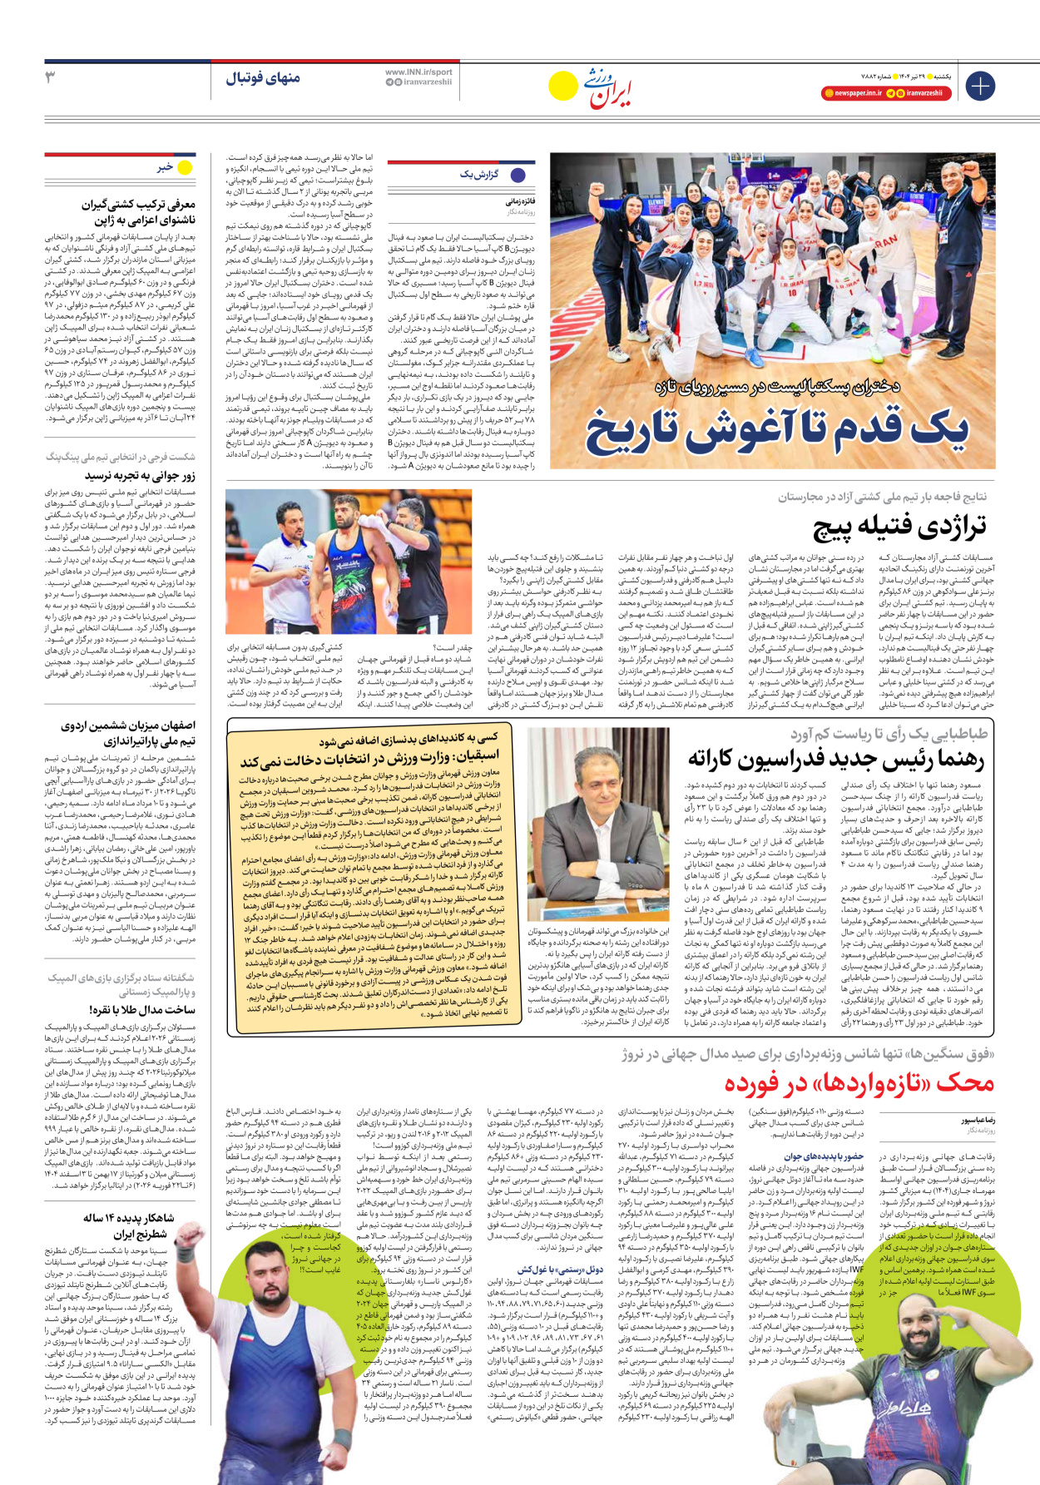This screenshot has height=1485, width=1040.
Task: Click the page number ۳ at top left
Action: coord(49,77)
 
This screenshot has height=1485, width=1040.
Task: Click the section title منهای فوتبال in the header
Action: coord(262,78)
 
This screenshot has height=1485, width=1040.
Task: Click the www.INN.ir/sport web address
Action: coord(418,72)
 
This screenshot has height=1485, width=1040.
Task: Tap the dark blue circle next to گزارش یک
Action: coord(518,175)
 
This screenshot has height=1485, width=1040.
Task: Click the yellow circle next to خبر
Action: coord(185,167)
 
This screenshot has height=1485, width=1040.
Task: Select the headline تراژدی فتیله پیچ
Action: coord(899,527)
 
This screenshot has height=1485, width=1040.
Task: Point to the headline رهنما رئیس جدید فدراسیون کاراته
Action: coord(835,759)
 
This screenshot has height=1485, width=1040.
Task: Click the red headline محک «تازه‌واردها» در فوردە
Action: coord(859,1083)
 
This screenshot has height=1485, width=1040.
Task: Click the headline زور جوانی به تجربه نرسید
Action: coord(140,476)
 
